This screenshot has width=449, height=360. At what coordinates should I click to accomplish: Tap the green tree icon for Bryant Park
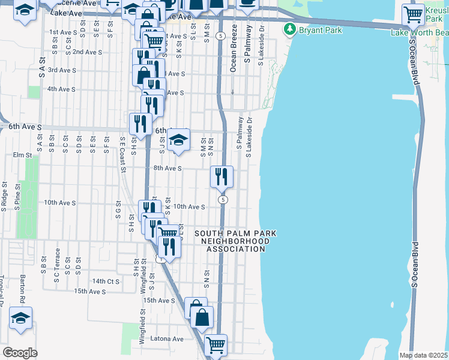point(290,28)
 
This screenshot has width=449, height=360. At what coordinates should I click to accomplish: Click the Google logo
point(20,353)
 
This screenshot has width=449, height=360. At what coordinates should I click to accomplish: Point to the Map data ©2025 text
point(423,355)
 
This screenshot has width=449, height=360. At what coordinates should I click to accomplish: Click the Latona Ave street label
point(169,339)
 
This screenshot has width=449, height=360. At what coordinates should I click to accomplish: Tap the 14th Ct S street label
point(106,281)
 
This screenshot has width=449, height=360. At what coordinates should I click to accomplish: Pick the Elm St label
point(22,155)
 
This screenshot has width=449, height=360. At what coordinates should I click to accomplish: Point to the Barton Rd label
point(22,289)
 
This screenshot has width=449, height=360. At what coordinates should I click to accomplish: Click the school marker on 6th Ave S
point(178,140)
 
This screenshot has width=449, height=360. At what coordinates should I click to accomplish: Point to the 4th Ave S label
point(61,89)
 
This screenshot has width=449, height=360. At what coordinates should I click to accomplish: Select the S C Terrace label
point(57,261)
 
